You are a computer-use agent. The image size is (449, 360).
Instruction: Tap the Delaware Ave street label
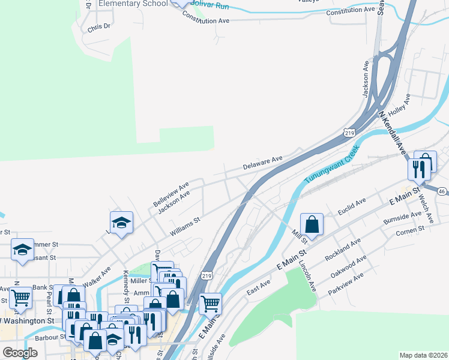tap(262, 162)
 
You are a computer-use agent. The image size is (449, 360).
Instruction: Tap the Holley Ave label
tap(399, 105)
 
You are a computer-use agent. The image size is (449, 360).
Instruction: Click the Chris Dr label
tap(99, 27)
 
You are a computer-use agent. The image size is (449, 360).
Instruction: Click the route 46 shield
tap(442, 191)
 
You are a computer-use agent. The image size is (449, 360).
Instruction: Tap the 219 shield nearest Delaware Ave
tap(349, 133)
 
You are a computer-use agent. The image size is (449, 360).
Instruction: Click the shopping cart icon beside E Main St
tap(210, 303)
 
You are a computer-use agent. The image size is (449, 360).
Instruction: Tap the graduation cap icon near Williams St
tap(121, 223)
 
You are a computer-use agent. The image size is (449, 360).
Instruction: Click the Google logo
tap(20, 352)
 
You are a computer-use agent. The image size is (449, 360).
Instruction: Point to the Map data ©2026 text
tap(423, 355)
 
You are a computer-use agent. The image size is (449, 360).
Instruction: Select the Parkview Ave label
tap(346, 284)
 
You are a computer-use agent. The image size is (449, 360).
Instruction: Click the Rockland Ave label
tap(342, 248)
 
